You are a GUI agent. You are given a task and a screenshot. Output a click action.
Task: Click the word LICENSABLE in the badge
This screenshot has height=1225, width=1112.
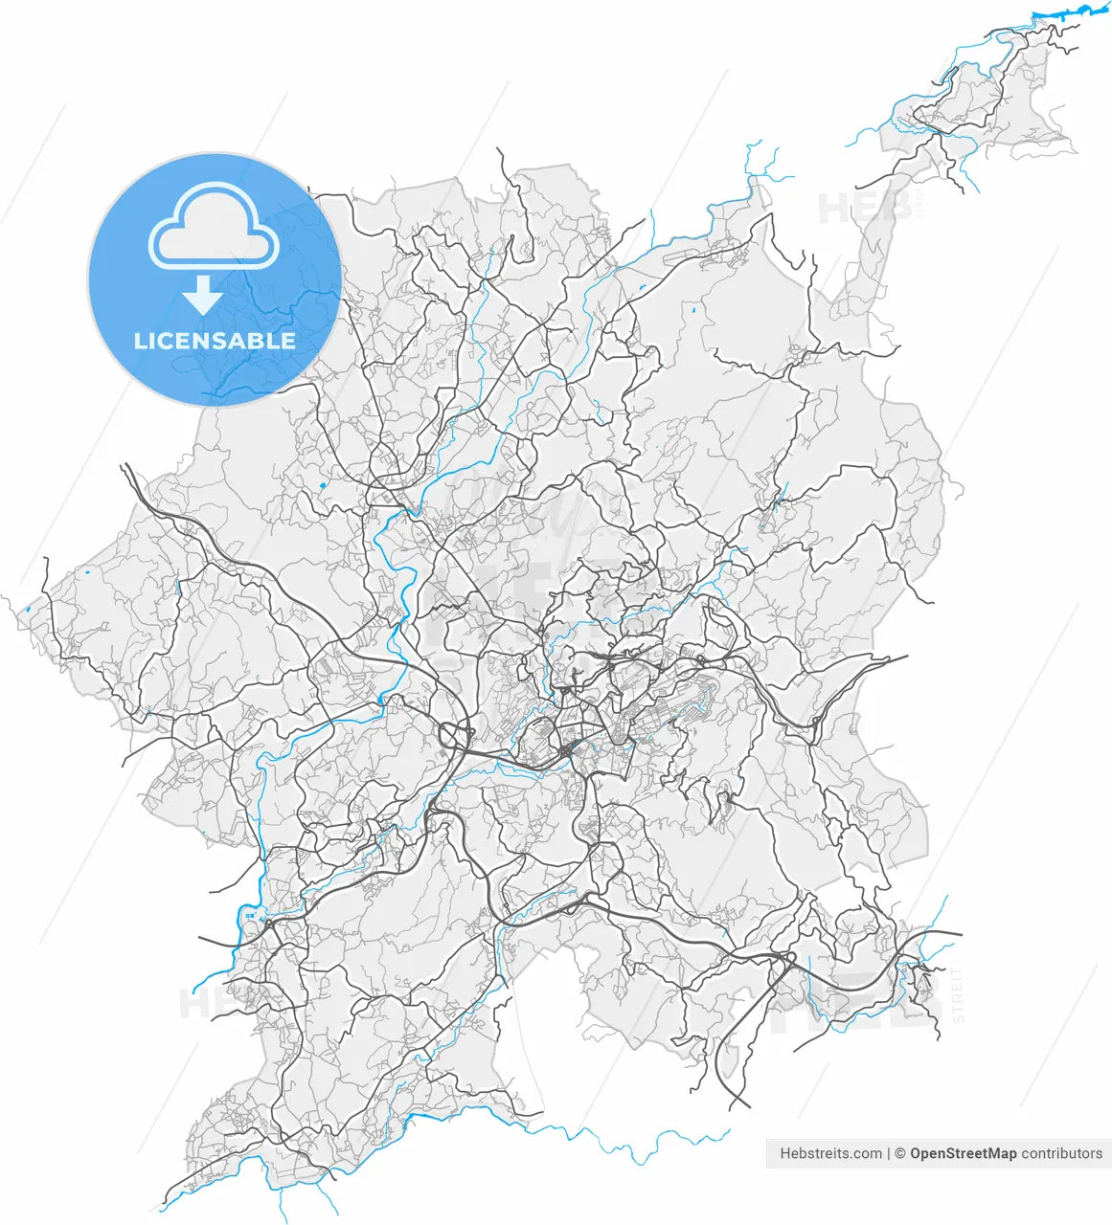(215, 341)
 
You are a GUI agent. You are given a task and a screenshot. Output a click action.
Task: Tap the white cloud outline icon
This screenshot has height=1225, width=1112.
(214, 229)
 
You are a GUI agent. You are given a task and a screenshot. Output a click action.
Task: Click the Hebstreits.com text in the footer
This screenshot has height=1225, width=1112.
(830, 1153)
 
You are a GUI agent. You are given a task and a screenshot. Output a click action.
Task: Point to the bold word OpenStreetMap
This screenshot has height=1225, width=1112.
(963, 1153)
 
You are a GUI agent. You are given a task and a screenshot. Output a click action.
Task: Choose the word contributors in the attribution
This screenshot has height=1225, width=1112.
(1061, 1153)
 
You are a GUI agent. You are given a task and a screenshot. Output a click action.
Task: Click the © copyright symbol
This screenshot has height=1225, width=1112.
(899, 1153)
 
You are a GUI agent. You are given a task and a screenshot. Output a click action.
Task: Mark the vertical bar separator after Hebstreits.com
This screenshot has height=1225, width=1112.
(888, 1153)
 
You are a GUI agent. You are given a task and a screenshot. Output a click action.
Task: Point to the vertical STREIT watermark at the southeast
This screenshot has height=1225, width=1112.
(959, 995)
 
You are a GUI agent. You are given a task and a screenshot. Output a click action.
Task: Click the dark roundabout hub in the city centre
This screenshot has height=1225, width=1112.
(569, 749)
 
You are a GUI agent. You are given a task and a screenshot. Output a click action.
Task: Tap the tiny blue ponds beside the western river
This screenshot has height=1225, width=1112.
(251, 917)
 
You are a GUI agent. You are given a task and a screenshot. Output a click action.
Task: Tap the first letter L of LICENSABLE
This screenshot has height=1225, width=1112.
(140, 341)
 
